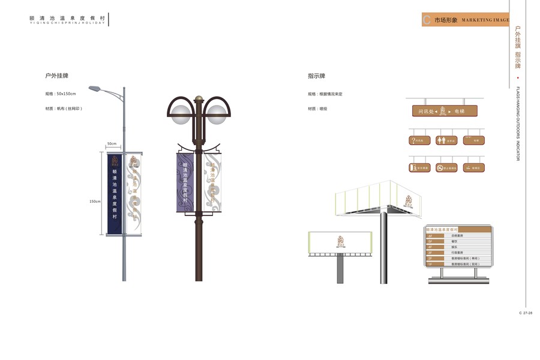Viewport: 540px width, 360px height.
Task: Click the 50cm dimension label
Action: [x=112, y=144]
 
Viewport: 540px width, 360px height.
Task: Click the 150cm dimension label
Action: [x=95, y=201]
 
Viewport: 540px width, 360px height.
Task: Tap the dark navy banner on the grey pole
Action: [x=115, y=193]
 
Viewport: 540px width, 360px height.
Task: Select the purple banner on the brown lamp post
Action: [x=185, y=182]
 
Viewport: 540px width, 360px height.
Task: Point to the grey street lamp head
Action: [x=94, y=89]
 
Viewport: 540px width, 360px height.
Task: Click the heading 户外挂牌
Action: [x=56, y=76]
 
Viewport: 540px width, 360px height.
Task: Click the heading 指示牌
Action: [x=316, y=76]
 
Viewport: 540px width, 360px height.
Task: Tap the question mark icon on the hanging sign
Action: [x=413, y=140]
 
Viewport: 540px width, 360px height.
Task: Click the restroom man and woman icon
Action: [x=442, y=140]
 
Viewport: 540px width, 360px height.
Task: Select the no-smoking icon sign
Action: [x=439, y=168]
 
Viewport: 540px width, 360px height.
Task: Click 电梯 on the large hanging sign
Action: [x=460, y=111]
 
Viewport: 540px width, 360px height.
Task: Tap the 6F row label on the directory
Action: [x=430, y=236]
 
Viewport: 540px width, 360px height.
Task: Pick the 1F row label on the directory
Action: [x=430, y=264]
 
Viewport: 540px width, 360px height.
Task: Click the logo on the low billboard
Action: [x=340, y=241]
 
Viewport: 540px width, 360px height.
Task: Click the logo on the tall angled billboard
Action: [x=409, y=202]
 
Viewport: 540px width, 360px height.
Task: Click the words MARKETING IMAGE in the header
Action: [x=485, y=20]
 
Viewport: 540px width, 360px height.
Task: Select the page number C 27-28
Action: [x=526, y=313]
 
